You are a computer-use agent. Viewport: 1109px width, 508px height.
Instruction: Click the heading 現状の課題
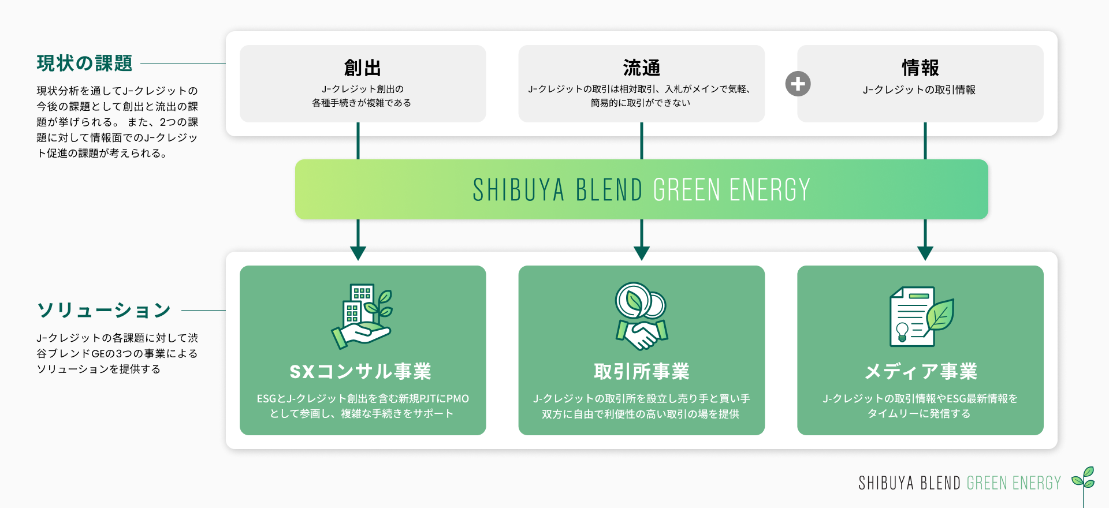tap(84, 63)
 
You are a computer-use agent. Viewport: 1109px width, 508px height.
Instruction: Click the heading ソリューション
tap(104, 310)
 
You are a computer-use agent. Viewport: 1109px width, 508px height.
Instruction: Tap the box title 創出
tap(362, 68)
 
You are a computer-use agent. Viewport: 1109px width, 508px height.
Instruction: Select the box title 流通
tap(641, 68)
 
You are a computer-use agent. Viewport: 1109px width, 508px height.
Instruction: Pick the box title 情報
tap(920, 68)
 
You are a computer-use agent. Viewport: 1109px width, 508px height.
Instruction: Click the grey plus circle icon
tap(798, 84)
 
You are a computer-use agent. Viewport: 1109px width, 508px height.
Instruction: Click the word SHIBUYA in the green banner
tap(518, 190)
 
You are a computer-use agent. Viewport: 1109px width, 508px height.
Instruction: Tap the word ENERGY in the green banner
tap(769, 190)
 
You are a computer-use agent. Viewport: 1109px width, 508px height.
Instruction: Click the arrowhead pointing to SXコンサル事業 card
tap(358, 253)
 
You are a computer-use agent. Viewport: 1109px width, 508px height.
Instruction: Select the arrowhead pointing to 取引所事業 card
tap(641, 253)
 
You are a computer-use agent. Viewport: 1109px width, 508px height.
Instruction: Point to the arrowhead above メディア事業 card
tap(925, 253)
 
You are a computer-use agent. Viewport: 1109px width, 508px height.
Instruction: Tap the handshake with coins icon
tap(641, 316)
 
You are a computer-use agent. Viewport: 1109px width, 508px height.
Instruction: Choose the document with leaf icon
tap(920, 316)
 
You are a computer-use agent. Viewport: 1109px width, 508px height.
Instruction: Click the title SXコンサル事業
tap(360, 371)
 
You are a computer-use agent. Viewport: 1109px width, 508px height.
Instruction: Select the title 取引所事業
tap(641, 371)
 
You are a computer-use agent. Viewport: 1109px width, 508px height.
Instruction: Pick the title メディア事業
tap(920, 371)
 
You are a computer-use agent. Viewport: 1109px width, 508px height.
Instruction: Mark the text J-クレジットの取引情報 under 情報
tap(919, 89)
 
